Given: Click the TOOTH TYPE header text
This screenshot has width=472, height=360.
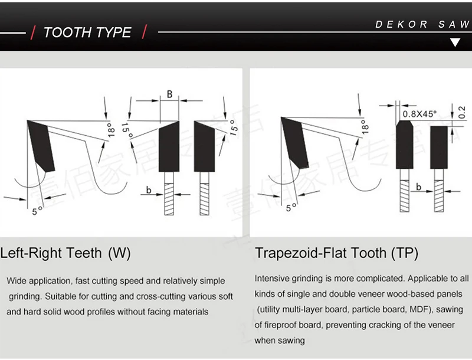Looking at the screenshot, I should (87, 32).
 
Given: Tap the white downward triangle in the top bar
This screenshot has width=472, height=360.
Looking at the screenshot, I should (455, 42).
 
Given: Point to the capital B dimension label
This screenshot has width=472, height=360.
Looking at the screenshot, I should (169, 94).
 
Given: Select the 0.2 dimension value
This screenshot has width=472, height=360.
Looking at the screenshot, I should (461, 110).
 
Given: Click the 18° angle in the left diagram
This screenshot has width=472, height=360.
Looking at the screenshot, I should (110, 130).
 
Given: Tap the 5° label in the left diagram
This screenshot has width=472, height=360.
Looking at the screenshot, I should (37, 210).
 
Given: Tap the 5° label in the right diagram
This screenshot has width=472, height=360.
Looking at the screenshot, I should (291, 207).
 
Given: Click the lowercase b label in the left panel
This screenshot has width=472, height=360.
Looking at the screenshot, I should (149, 189).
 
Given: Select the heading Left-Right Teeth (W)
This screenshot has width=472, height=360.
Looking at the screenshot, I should (65, 253).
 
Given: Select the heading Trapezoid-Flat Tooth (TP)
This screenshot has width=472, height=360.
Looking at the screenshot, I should (336, 253).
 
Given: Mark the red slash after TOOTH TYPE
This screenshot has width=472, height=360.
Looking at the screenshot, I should (144, 32).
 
